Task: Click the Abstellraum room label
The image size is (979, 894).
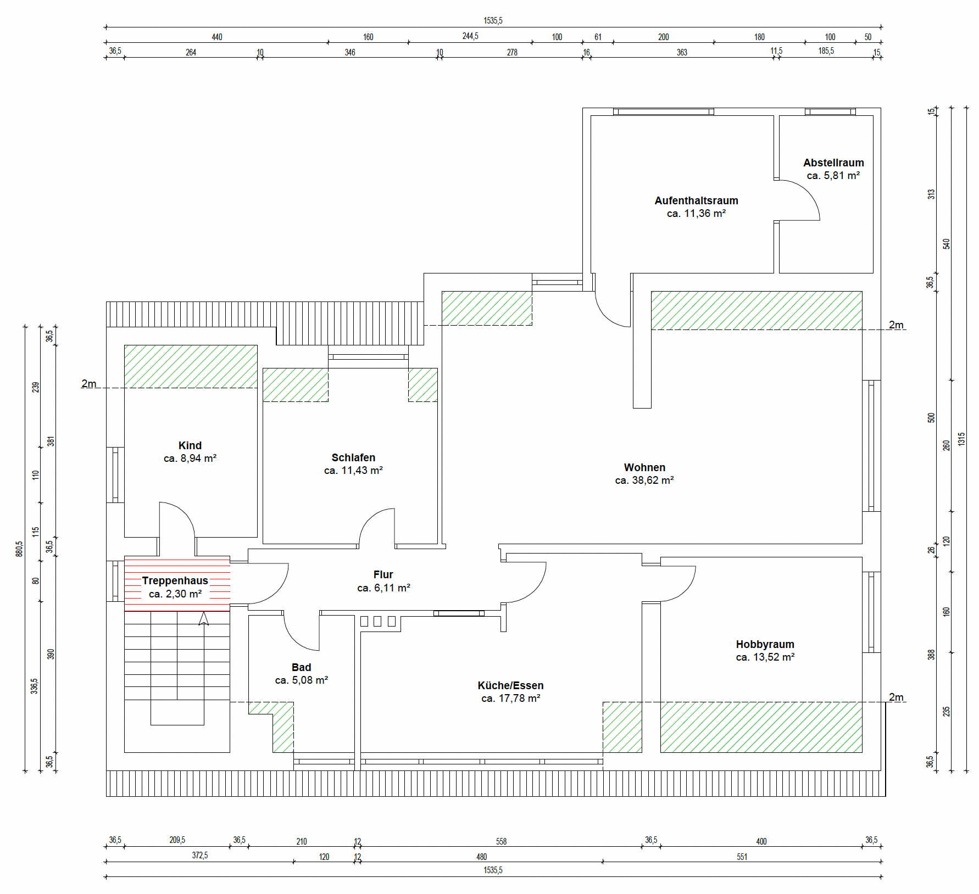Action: click(x=833, y=163)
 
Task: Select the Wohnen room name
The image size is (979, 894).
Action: click(x=644, y=467)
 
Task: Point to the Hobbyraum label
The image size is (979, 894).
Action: click(x=765, y=644)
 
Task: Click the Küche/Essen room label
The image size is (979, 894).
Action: click(x=510, y=685)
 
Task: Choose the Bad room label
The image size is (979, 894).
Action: click(x=301, y=667)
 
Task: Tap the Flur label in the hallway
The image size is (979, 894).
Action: click(x=383, y=574)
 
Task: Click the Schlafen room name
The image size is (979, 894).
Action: click(x=353, y=457)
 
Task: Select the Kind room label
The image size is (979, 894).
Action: click(x=190, y=445)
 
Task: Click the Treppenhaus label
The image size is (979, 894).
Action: click(x=175, y=580)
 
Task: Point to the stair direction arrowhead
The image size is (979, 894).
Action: click(x=204, y=618)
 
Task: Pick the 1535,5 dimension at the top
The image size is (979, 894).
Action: click(x=493, y=21)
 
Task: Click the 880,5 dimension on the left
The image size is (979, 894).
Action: click(x=19, y=549)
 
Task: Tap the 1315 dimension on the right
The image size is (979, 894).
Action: click(x=961, y=439)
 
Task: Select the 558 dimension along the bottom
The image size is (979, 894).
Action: click(x=501, y=841)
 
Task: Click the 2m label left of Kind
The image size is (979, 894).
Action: click(x=89, y=383)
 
